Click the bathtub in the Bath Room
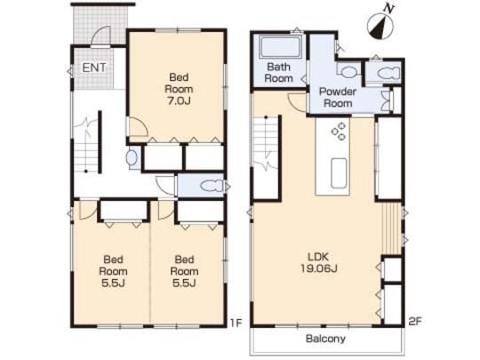click(x=279, y=47)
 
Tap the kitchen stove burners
click(x=339, y=132)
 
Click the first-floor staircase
click(x=86, y=155)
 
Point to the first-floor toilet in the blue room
click(x=211, y=186)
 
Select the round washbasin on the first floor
click(x=132, y=159)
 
